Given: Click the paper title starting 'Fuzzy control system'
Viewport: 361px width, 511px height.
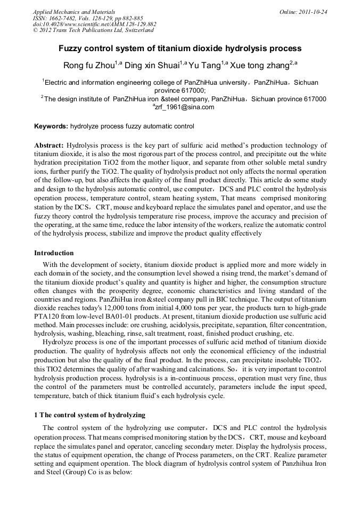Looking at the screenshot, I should [180, 48].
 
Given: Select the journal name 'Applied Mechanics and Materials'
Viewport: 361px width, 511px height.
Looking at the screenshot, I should [74, 12].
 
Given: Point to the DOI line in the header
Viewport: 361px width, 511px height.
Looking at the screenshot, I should [95, 25].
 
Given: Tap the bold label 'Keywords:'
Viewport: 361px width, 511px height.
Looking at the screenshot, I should [51, 127].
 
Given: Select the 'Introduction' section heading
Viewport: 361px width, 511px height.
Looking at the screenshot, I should [54, 253].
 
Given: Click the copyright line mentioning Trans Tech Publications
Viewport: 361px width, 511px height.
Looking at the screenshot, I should [93, 31].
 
